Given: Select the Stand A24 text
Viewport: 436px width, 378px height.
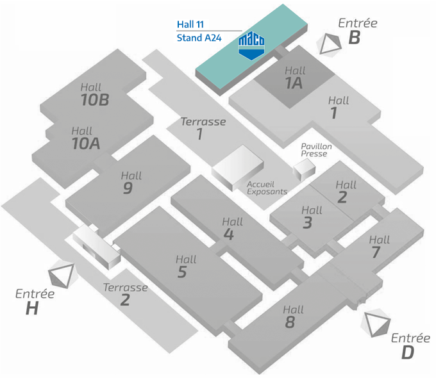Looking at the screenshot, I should [x=199, y=38].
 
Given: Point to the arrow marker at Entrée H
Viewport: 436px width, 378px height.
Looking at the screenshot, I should [x=63, y=275].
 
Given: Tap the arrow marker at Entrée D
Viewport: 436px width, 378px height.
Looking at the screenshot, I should [x=376, y=322].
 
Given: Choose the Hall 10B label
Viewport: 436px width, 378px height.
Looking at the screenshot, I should [x=95, y=94].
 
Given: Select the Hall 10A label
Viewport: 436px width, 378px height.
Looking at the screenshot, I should [x=85, y=138].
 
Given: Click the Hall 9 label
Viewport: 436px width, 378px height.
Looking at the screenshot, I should [x=130, y=182].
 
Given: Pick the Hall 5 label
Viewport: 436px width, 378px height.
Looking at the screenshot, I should [x=185, y=267].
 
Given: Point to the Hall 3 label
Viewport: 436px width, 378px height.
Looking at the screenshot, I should [x=311, y=217].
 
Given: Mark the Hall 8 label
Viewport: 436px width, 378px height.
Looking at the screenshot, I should [x=292, y=316].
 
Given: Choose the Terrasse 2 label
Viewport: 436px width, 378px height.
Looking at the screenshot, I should [x=125, y=293].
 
